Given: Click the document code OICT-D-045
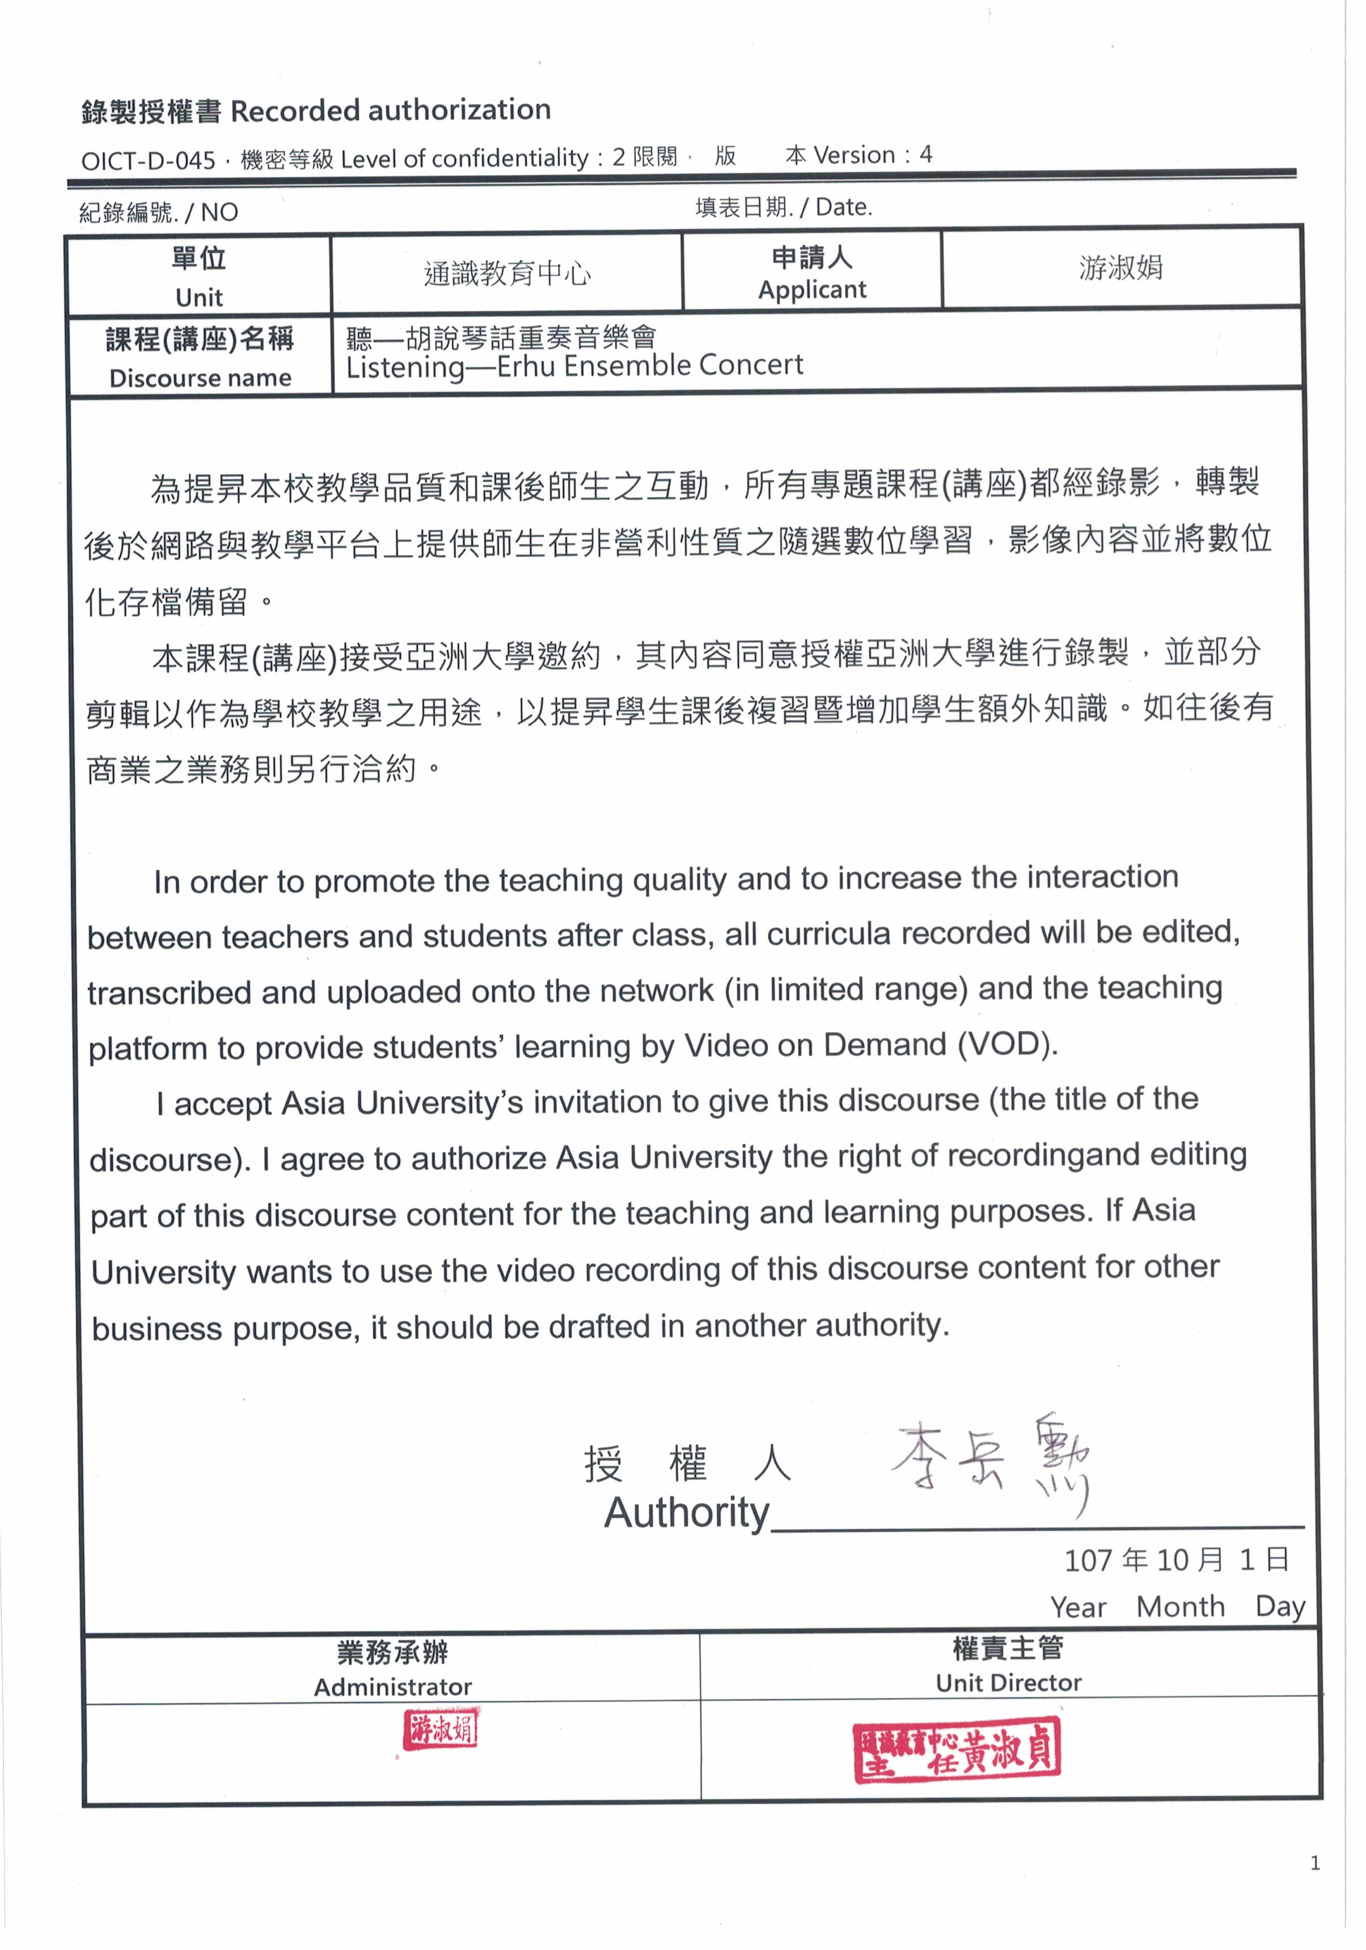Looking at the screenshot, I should [x=149, y=159].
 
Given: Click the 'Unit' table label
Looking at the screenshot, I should [x=198, y=297].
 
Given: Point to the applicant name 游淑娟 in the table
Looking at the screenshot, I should [x=1120, y=268].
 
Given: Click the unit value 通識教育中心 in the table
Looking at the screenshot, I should [x=507, y=273].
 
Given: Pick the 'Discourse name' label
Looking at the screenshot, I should [x=200, y=377].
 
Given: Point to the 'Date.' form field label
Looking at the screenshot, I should [x=843, y=207].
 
